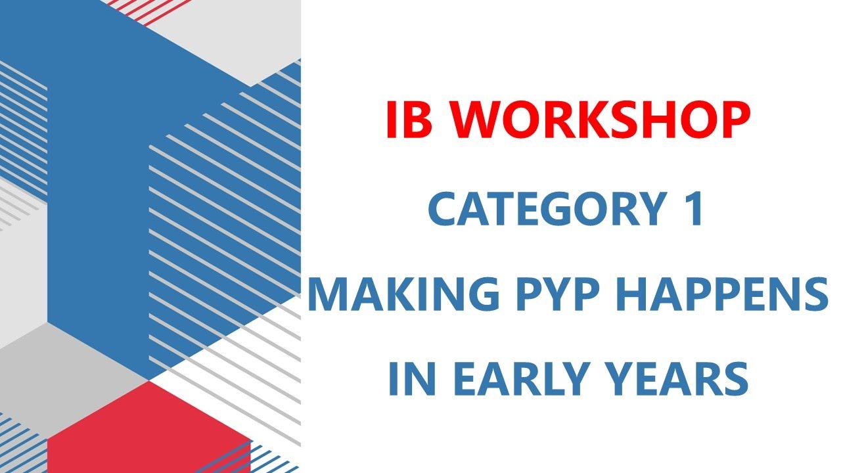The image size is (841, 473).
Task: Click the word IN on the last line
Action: point(410,379)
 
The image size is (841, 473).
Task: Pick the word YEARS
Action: point(683,379)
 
